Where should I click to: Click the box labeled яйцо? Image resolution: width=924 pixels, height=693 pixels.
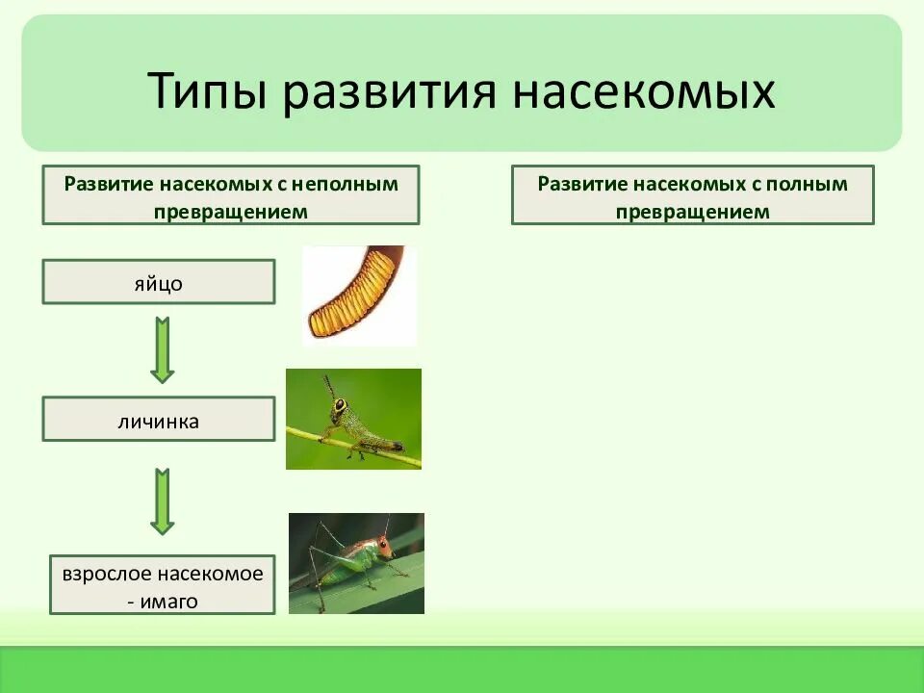(159, 282)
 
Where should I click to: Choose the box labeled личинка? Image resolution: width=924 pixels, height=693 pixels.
(159, 420)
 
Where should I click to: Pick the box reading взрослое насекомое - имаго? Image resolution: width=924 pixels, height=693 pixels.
(162, 585)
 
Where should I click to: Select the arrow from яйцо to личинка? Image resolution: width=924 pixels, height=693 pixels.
(162, 350)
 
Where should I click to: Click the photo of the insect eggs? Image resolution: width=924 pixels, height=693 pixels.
(358, 295)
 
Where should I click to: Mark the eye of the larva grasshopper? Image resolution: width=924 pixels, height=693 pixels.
(340, 406)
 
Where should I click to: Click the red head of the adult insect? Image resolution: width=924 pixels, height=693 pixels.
(381, 547)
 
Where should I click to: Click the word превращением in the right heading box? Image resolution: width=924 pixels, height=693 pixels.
(692, 212)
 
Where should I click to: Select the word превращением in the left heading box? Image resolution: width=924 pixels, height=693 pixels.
(231, 212)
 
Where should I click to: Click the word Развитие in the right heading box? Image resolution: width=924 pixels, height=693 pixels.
(577, 183)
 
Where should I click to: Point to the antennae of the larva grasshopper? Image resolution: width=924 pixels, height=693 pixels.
(330, 385)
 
